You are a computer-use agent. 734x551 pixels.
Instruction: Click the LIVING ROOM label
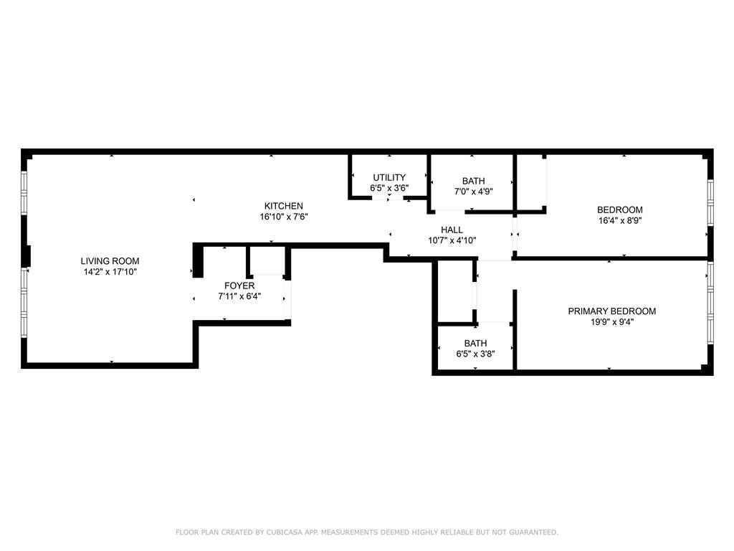pos(110,261)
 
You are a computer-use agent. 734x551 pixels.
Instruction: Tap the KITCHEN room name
pos(284,206)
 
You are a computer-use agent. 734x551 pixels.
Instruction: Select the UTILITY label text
pos(389,178)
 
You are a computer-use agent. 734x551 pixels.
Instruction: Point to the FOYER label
pos(239,286)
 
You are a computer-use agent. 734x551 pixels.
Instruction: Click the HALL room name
pos(452,230)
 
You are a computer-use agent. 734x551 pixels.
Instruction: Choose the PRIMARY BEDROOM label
pos(612,311)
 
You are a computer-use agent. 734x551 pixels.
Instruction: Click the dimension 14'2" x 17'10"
pos(110,272)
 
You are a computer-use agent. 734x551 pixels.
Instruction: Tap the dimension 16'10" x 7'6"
pos(284,217)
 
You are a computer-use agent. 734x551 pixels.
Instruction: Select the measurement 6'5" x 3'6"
pos(389,189)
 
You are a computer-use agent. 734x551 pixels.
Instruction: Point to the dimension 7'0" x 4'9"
pos(473,192)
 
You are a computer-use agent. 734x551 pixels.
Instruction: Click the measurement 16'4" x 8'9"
pos(620,221)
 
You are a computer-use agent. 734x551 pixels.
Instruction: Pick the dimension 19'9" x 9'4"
pos(612,322)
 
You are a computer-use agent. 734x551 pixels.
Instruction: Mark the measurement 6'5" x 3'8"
pos(476,354)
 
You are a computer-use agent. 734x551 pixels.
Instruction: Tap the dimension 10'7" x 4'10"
pos(452,240)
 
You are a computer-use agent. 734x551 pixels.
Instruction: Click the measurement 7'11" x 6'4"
pos(239,296)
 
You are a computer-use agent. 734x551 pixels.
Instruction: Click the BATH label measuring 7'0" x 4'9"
pos(473,181)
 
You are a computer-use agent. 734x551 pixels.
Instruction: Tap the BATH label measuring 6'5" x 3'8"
pos(476,343)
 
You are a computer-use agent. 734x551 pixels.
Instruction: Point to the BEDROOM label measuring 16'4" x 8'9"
pos(620,210)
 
